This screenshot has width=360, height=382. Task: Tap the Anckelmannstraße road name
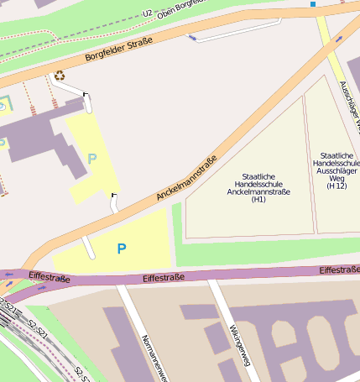[186, 178]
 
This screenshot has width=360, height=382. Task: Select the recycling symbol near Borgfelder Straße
[60, 76]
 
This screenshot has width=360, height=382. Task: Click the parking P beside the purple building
[91, 158]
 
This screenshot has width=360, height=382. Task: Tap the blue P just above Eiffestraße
[122, 249]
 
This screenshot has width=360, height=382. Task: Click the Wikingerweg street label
[240, 345]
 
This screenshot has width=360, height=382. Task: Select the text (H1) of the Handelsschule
[258, 200]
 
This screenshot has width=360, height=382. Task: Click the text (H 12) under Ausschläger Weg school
[337, 186]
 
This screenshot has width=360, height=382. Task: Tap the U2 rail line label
[148, 13]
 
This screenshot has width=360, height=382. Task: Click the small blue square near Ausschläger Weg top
[313, 4]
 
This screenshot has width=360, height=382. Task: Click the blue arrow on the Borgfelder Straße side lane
[194, 36]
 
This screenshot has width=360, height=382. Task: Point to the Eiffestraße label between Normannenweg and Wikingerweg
[163, 277]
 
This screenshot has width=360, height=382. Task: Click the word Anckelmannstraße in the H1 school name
[258, 191]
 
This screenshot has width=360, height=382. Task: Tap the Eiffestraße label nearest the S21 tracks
[46, 275]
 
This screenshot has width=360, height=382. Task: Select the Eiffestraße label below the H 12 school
[339, 269]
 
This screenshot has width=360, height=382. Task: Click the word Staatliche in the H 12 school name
[337, 155]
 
